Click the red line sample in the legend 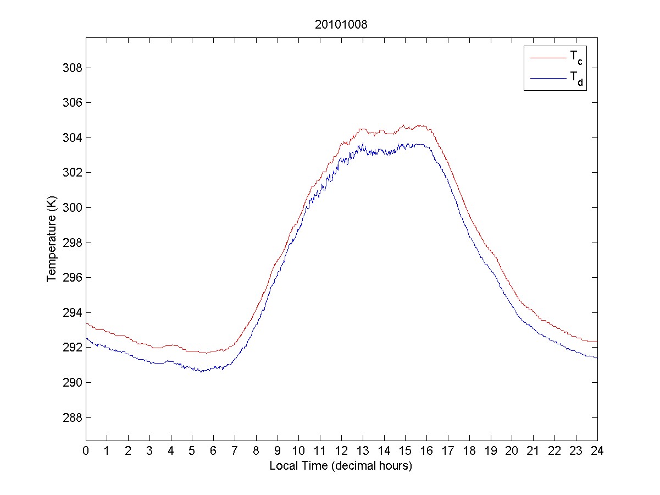547,57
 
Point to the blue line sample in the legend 547,79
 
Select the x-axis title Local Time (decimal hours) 341,466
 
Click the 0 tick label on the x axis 86,450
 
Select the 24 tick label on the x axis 597,450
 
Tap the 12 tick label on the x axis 341,450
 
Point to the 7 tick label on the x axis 235,450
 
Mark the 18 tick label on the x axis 469,450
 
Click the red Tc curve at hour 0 87,323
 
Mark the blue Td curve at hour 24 596,358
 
